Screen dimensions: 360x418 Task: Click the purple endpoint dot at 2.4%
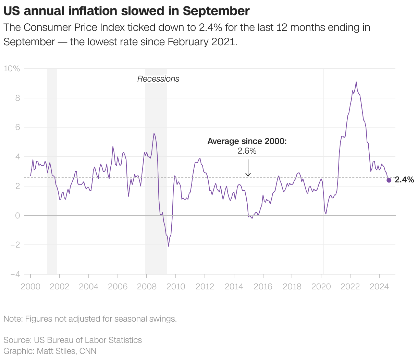(389, 180)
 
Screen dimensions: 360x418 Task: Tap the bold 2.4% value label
(404, 180)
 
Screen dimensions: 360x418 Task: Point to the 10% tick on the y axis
(12, 69)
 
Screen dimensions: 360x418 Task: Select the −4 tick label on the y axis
(15, 274)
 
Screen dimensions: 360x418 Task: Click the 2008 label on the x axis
(147, 287)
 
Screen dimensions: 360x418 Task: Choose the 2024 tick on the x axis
(379, 287)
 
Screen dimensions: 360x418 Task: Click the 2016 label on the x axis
(263, 287)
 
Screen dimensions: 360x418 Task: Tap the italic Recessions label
(158, 79)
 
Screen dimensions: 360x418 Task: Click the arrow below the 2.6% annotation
(248, 168)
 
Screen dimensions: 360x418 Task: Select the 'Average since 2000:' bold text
(247, 141)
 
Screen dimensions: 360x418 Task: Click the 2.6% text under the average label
(247, 151)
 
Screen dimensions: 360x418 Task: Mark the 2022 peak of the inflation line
(356, 82)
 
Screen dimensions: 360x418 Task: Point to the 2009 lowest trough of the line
(169, 246)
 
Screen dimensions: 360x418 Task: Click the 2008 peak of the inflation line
(154, 133)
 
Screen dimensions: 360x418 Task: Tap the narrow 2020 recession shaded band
(323, 171)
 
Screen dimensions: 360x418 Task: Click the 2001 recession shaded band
(52, 171)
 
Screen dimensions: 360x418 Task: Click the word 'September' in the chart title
(216, 11)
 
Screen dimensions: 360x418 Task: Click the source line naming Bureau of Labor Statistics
(73, 340)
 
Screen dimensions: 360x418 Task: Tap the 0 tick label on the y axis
(17, 216)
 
